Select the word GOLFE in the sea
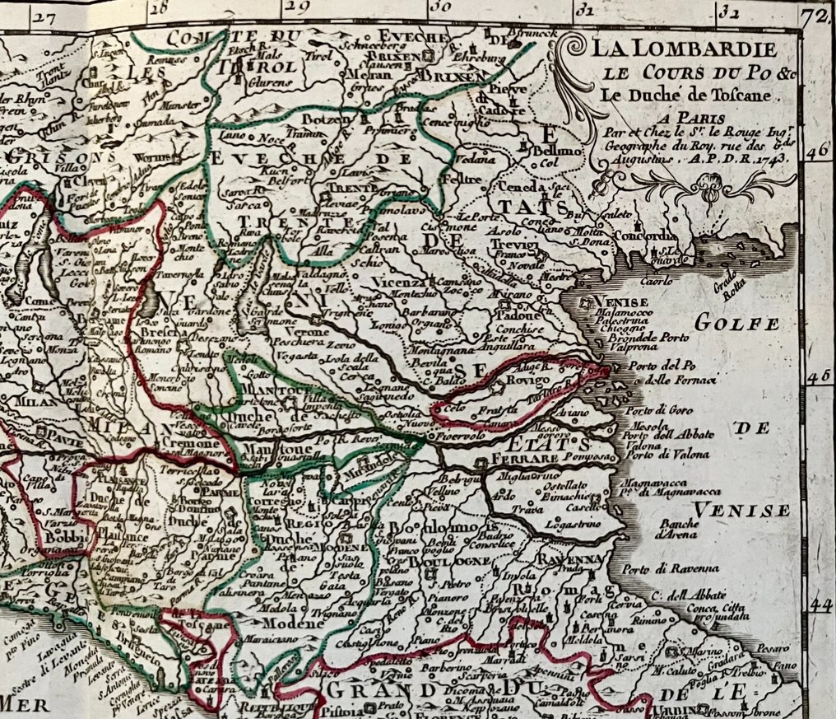click(726, 324)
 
